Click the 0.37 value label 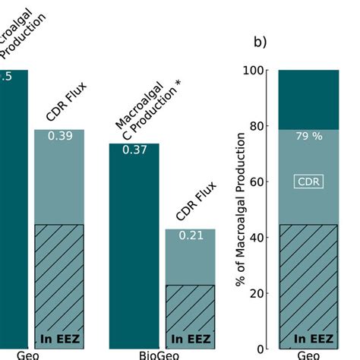134,150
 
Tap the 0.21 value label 190,235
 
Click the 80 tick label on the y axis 254,126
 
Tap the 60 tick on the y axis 254,182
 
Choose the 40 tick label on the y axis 254,238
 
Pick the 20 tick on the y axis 254,294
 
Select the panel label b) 261,42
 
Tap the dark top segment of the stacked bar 307,99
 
